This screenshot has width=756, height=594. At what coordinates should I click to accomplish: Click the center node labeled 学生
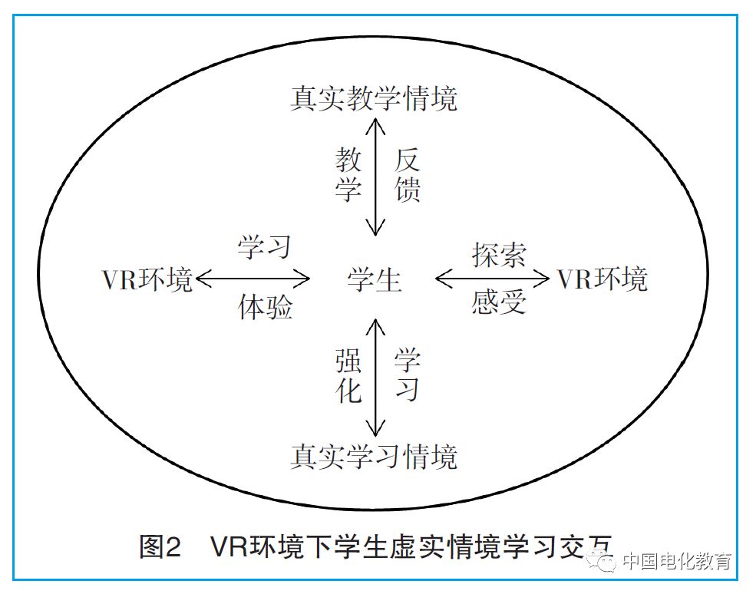tap(375, 280)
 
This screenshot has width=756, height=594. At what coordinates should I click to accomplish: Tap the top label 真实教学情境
tap(374, 99)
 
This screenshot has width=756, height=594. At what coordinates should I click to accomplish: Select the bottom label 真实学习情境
tap(374, 457)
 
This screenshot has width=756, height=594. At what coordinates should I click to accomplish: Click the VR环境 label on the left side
tap(147, 280)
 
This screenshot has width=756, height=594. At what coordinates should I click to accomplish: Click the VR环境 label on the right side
tap(602, 279)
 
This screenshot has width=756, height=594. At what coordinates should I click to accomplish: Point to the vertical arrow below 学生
tap(375, 377)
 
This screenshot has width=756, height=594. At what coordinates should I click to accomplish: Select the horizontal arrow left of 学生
tap(253, 279)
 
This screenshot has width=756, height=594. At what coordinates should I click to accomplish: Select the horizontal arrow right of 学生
tap(492, 279)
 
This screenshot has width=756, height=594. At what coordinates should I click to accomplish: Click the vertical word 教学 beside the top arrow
tap(348, 175)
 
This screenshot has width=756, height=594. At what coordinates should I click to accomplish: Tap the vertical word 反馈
tap(408, 175)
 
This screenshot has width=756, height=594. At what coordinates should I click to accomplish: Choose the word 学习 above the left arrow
tap(264, 247)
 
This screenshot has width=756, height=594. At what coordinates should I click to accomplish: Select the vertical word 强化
tap(348, 376)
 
